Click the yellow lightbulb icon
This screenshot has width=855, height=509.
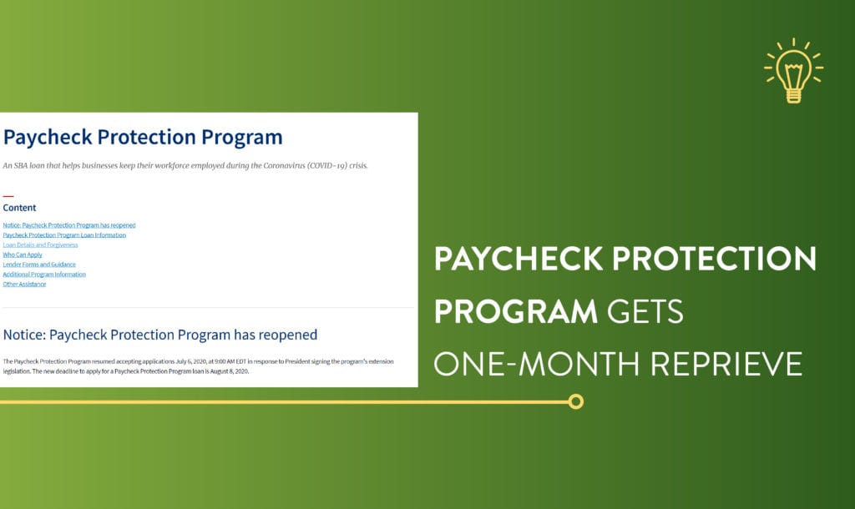point(793,70)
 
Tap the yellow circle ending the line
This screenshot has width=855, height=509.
point(575,401)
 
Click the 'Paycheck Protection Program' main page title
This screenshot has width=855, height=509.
point(143,138)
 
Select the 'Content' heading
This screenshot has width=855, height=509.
point(20,208)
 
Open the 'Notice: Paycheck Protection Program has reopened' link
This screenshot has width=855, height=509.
point(69,225)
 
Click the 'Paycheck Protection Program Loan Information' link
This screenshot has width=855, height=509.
point(64,234)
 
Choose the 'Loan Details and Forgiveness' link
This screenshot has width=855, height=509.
point(40,244)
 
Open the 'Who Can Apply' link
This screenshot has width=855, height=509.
point(23,254)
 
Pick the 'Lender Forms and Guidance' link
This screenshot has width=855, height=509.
point(39,265)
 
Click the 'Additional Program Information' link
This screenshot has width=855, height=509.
point(44,275)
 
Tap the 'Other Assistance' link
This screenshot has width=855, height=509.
point(24,284)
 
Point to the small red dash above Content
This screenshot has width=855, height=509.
point(8,196)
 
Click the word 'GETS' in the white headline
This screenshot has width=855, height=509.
point(645,311)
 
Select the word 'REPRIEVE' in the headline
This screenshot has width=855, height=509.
point(726,364)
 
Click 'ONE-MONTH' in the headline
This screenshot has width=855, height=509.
point(537,364)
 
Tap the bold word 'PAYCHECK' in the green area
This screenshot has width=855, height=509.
point(518,259)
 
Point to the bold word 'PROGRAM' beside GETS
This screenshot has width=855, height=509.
point(516,311)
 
